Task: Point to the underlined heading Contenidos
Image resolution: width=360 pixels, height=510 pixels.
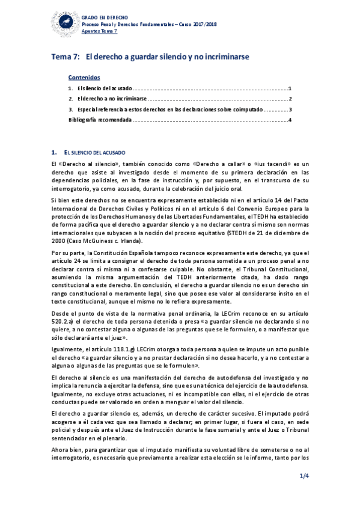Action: point(84,78)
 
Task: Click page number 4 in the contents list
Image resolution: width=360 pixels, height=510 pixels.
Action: point(290,120)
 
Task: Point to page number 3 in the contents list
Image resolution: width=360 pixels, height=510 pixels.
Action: point(290,109)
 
